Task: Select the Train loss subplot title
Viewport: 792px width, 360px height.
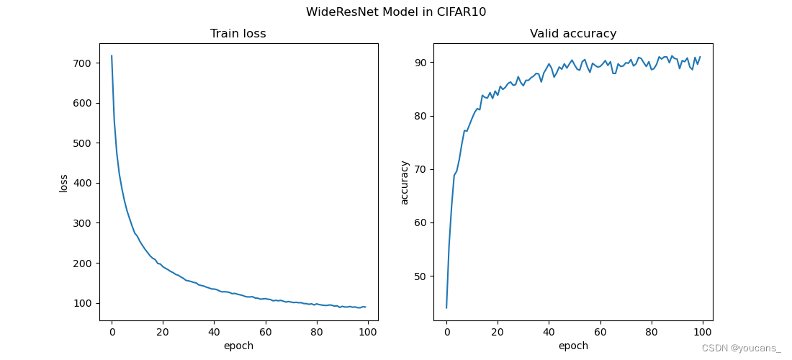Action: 238,34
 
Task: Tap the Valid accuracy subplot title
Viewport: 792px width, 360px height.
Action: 573,34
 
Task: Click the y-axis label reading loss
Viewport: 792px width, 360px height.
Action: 64,182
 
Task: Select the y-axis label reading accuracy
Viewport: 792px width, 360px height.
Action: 405,182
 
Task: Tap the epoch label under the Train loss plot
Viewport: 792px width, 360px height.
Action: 238,346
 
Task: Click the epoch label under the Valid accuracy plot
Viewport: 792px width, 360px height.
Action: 573,346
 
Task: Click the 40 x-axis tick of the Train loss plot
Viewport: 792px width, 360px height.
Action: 214,332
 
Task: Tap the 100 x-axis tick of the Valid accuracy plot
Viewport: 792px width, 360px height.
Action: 702,332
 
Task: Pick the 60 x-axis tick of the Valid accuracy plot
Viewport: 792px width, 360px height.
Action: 600,332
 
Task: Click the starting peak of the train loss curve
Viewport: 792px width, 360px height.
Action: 112,55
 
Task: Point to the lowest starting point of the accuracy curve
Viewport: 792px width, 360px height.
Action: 446,307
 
